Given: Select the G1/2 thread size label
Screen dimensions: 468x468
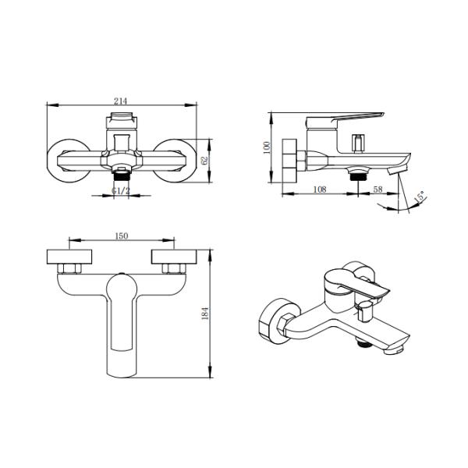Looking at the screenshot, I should [120, 190].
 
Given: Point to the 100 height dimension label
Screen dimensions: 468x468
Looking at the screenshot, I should [266, 148].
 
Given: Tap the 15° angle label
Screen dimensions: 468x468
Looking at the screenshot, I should [419, 199].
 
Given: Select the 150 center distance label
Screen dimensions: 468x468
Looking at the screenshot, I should [121, 236].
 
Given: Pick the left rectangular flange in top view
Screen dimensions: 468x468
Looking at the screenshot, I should [70, 257].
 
